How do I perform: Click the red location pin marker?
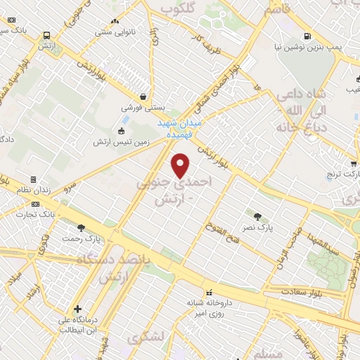181,165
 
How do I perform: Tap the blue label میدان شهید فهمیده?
179,126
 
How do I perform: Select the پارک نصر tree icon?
256,216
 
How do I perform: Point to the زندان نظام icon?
33,180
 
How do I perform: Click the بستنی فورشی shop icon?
143,97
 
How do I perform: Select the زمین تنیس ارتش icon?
121,131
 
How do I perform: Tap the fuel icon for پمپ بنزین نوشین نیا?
307,37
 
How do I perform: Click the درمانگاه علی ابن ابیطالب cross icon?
77,309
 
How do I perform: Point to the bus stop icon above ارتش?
46,35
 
